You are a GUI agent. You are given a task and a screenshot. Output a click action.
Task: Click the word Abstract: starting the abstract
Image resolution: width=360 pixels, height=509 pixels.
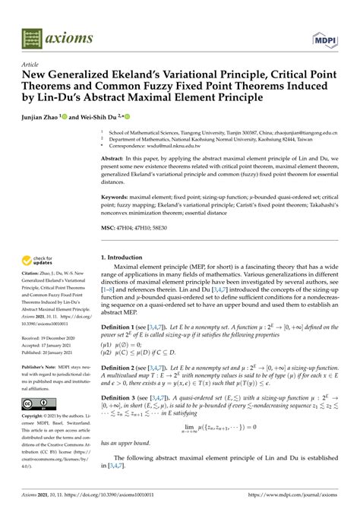tap(115, 159)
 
